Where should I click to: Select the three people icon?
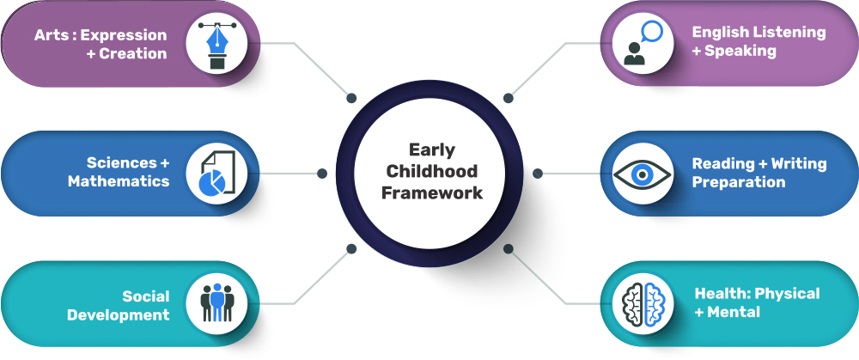217,302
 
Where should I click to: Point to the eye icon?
642,174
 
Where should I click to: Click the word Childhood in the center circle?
432,171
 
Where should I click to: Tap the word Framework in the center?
432,192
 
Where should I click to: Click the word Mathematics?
119,181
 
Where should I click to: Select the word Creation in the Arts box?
132,53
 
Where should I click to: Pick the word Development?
118,315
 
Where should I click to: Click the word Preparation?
739,182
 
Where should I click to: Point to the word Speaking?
740,51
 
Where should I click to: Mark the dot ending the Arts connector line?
351,98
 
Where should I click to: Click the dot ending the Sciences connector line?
322,174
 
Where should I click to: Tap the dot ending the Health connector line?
509,249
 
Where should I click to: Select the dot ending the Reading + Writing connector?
538,174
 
